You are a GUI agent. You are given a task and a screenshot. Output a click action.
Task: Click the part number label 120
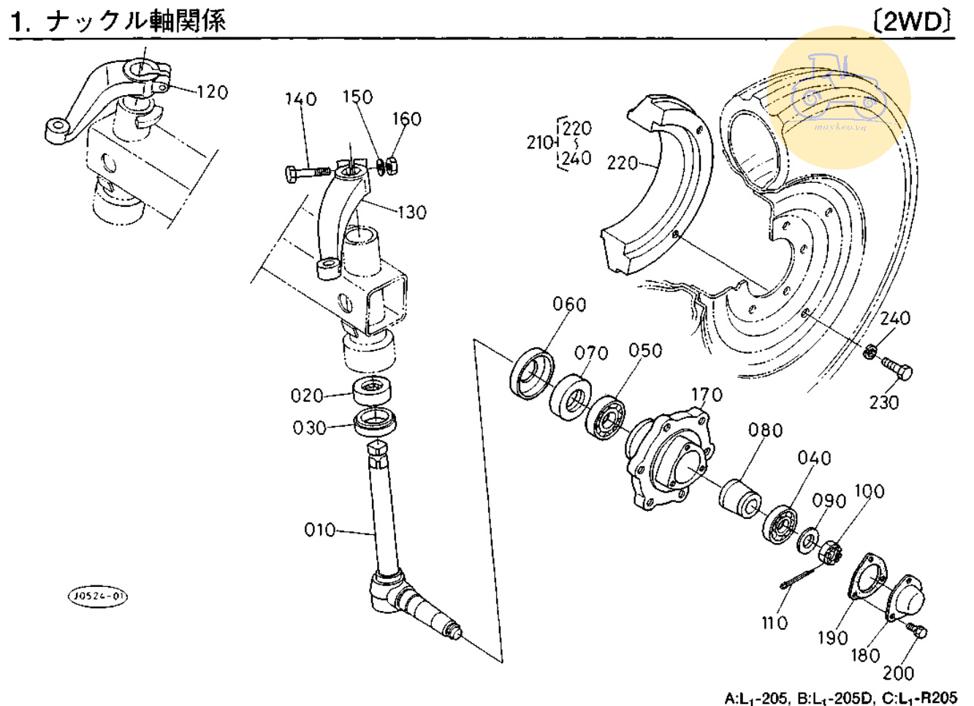[212, 92]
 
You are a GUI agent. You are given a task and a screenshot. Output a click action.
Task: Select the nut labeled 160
[392, 166]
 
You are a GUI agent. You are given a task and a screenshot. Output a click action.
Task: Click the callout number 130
[411, 213]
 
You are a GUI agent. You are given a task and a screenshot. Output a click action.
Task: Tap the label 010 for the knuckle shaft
[319, 530]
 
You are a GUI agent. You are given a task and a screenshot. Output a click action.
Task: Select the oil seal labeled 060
[531, 374]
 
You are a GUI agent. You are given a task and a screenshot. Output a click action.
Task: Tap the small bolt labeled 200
[916, 630]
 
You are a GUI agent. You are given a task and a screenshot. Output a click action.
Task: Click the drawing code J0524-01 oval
[97, 596]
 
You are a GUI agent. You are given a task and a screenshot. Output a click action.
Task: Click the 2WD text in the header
[913, 21]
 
